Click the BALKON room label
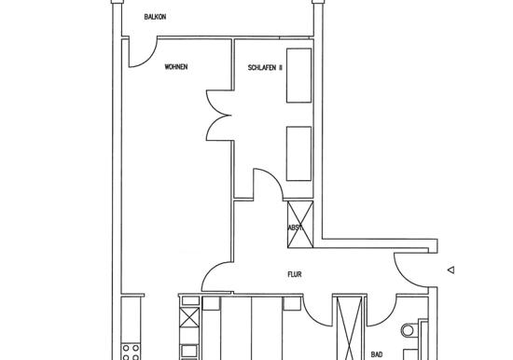(x=155, y=17)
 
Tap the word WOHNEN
(x=176, y=67)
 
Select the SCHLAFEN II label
(x=265, y=68)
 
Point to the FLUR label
(x=295, y=274)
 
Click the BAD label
(x=377, y=354)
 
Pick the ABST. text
(x=295, y=228)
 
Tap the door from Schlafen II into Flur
(x=275, y=178)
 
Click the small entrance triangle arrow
(x=451, y=270)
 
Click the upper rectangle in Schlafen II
(x=299, y=76)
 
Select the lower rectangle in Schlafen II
(x=299, y=154)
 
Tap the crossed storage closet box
(x=300, y=224)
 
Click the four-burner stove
(x=131, y=352)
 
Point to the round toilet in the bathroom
(x=408, y=330)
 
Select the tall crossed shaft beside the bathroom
(x=350, y=328)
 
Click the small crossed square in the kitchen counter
(x=189, y=317)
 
